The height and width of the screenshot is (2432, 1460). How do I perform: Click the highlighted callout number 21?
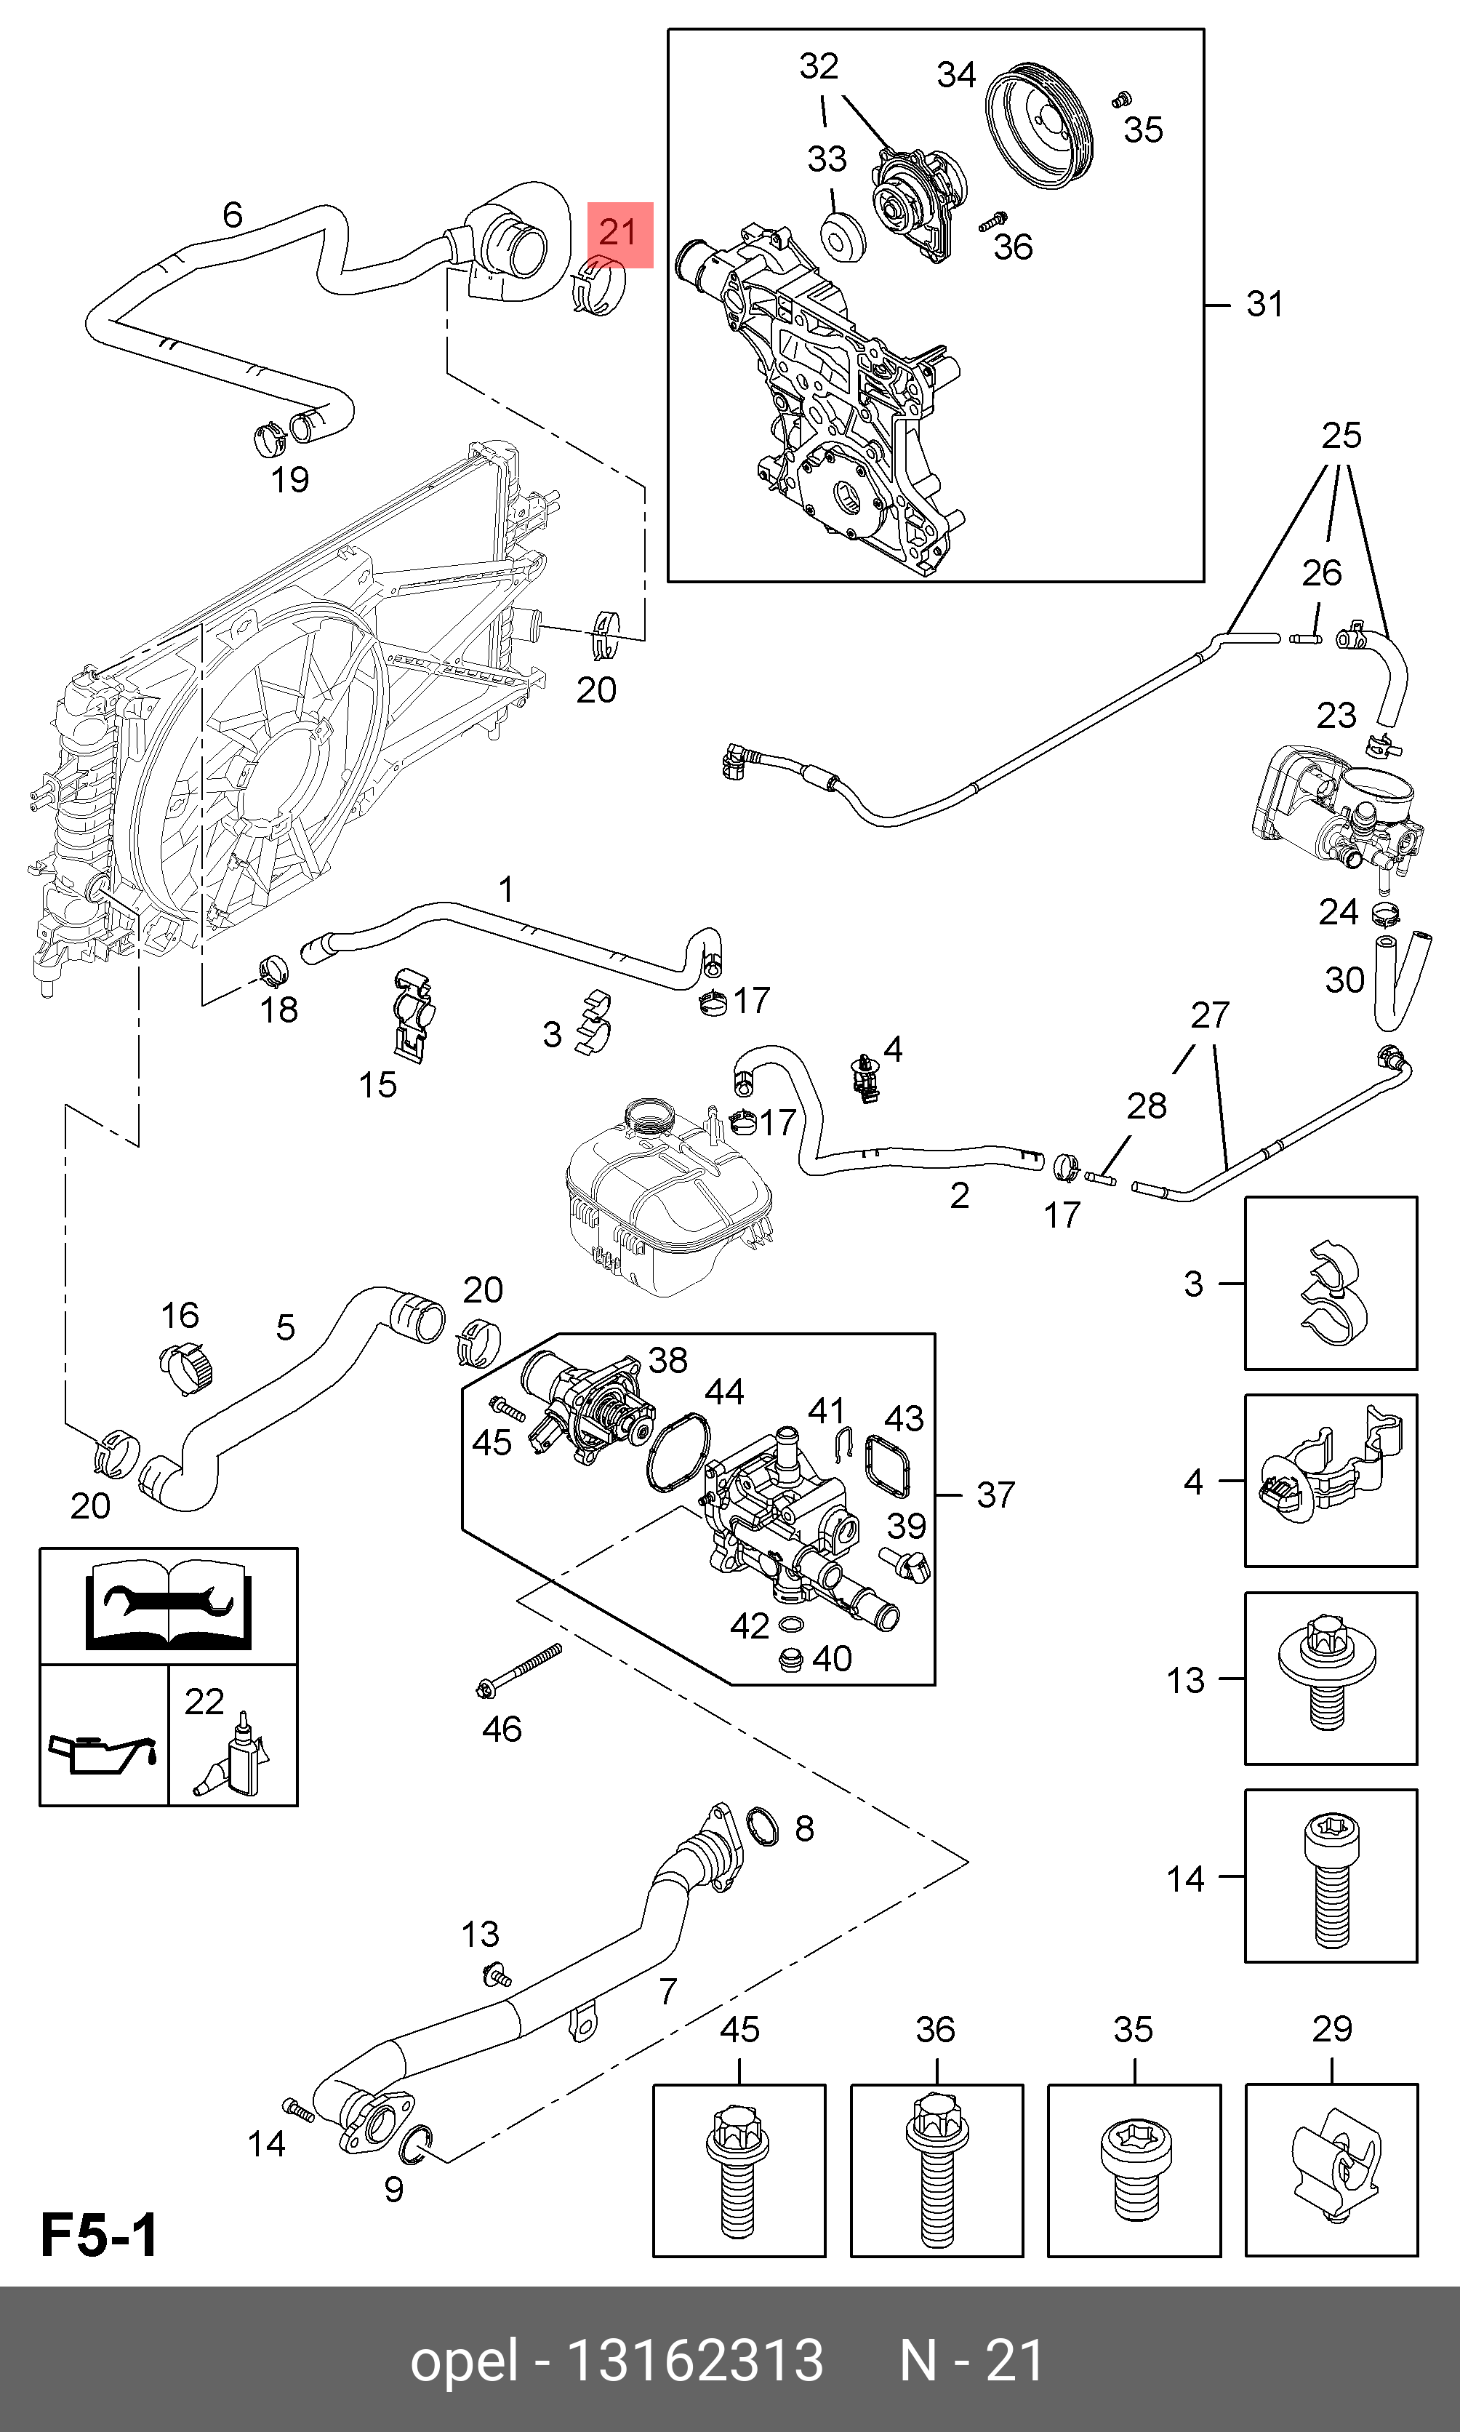619,233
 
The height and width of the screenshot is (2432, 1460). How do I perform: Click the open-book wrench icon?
168,1604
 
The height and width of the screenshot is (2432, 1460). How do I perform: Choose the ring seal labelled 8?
763,1827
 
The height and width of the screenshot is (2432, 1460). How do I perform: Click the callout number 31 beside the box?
1264,304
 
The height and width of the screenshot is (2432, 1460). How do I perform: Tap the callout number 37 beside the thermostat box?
995,1495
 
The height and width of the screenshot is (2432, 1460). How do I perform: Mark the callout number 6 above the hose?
232,215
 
